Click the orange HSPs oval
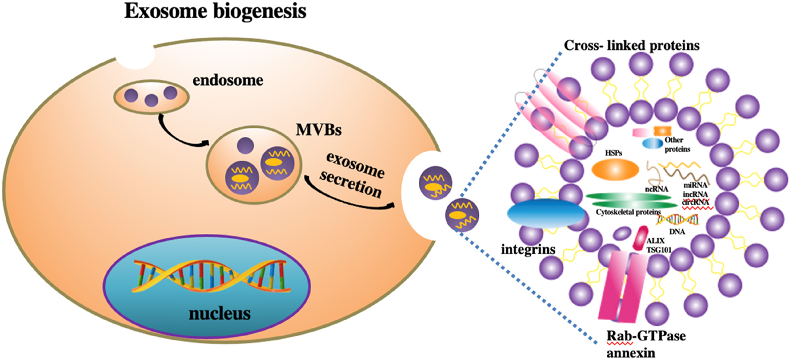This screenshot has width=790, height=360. [615, 169]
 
